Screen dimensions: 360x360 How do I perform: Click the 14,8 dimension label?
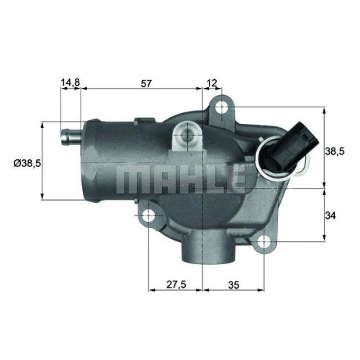71,83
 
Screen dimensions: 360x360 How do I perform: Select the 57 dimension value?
146,84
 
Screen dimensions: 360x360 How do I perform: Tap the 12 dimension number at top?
212,84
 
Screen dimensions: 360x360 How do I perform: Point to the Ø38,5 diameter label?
27,163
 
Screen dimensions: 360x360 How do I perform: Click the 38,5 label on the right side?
335,151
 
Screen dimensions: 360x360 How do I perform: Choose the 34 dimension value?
330,216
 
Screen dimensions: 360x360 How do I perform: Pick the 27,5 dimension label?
176,284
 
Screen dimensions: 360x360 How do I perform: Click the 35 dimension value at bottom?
234,285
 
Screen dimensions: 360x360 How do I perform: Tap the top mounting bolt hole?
222,107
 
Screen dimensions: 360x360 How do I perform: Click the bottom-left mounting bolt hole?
149,215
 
